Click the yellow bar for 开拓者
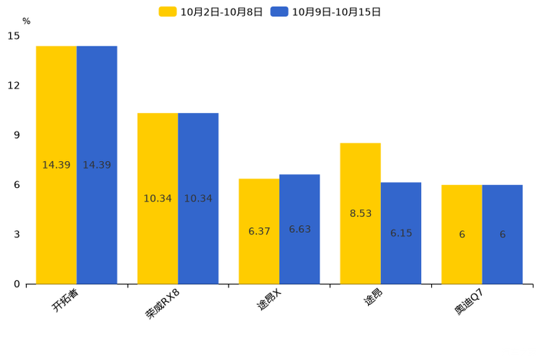[x=57, y=165]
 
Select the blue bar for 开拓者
[x=97, y=165]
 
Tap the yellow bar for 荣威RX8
[x=157, y=199]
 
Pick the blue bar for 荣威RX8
[x=198, y=199]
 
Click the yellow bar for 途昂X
[x=259, y=232]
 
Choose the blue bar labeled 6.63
[x=300, y=229]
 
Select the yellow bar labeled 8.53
[x=361, y=213]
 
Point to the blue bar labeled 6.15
[x=401, y=233]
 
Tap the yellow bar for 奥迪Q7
[x=462, y=234]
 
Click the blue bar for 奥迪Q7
[x=502, y=234]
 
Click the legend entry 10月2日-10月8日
[x=210, y=12]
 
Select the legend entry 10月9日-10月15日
[x=326, y=12]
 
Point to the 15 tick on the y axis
[x=14, y=36]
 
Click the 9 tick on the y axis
[x=17, y=135]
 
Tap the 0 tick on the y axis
[x=17, y=285]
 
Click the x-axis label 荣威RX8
[x=162, y=304]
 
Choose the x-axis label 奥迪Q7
[x=469, y=302]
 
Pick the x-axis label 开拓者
[x=65, y=300]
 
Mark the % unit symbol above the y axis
[x=27, y=21]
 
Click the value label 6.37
[x=259, y=231]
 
